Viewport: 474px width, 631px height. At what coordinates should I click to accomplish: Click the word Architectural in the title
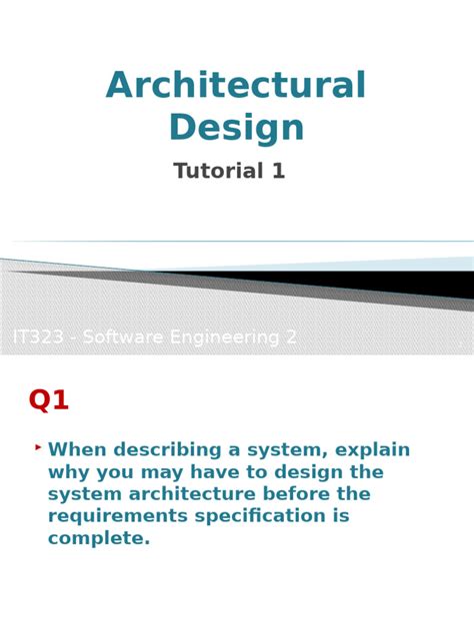pos(236,86)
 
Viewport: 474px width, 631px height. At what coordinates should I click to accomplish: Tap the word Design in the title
pos(236,128)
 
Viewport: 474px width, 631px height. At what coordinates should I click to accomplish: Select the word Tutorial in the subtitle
pos(217,171)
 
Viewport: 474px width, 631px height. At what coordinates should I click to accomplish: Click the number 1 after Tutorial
pos(277,171)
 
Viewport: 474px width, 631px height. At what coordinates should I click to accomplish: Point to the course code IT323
pos(39,337)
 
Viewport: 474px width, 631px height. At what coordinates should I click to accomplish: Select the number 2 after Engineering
pos(291,337)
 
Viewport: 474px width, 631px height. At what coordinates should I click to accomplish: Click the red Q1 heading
pos(49,400)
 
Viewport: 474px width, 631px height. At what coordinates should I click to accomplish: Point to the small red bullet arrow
pos(38,448)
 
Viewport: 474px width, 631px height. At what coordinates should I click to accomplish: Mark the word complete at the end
pos(98,538)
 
